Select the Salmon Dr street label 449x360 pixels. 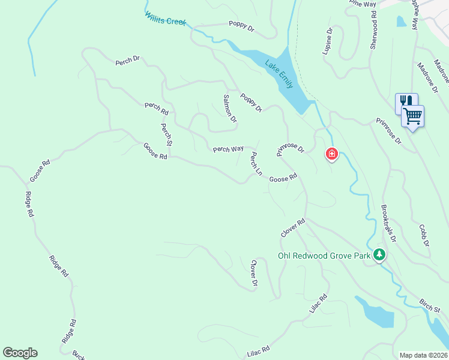(229, 108)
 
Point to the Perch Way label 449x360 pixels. (228, 149)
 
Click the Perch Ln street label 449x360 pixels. (256, 164)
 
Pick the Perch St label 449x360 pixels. (166, 134)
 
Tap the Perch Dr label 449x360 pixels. (127, 59)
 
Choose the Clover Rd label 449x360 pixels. (293, 227)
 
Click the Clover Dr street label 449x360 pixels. (254, 272)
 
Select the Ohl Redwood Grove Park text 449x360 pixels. (324, 256)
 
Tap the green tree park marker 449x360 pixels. (379, 255)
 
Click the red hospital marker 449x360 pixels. (331, 155)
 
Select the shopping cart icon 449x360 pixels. (413, 116)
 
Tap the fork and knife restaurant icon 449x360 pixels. (405, 103)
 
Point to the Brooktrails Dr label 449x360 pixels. (388, 223)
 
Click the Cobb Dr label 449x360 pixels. (424, 235)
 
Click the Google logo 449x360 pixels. (20, 353)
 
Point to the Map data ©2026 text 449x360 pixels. (423, 355)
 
